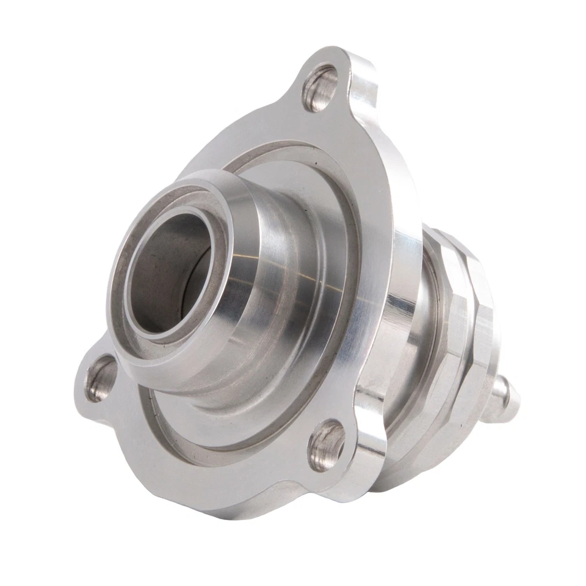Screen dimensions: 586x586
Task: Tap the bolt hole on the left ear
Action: pyautogui.click(x=101, y=378)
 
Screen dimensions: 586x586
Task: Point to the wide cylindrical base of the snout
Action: pyautogui.click(x=293, y=305)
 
